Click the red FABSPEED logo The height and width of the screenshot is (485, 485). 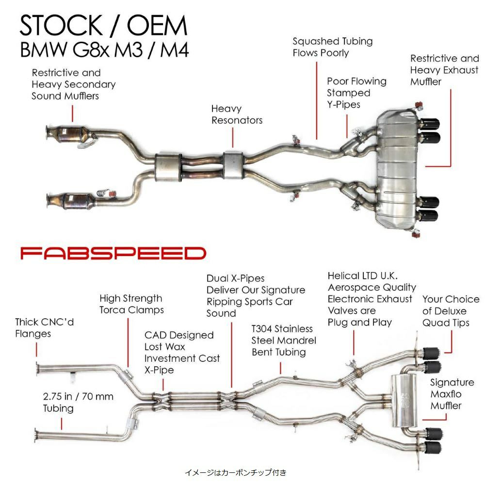pyautogui.click(x=113, y=253)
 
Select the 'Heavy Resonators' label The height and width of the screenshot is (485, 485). pyautogui.click(x=237, y=114)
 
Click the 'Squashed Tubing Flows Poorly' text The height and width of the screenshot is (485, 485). pyautogui.click(x=332, y=47)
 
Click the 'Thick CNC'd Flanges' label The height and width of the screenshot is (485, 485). pyautogui.click(x=44, y=327)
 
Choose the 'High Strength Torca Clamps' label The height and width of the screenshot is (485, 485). pyautogui.click(x=131, y=304)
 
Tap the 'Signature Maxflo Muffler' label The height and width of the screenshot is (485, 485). pyautogui.click(x=452, y=394)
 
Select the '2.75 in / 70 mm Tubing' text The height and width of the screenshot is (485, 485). pyautogui.click(x=78, y=402)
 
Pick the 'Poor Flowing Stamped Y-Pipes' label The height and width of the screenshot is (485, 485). pyautogui.click(x=356, y=93)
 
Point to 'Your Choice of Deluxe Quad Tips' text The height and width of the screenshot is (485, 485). pyautogui.click(x=451, y=311)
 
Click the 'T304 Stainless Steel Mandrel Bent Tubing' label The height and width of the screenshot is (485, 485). pyautogui.click(x=284, y=340)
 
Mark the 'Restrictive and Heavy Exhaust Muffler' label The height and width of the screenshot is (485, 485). pyautogui.click(x=444, y=70)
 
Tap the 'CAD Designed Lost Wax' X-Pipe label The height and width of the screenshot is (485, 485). pyautogui.click(x=182, y=353)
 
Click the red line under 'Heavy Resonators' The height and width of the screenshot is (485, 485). pyautogui.click(x=233, y=137)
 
